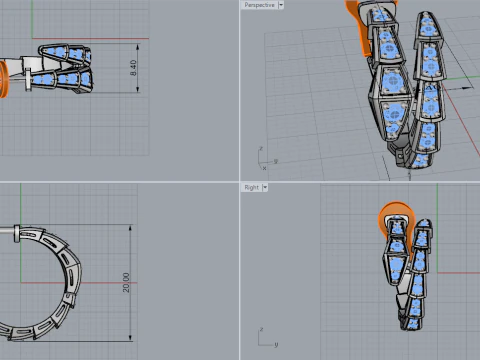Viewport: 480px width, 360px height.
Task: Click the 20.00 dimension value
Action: point(126,283)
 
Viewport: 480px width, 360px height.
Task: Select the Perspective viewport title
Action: point(259,5)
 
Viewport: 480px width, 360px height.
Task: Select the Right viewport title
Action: point(252,187)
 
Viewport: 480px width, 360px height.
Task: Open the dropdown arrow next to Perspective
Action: point(281,5)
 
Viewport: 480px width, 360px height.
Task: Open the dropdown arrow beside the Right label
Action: point(266,187)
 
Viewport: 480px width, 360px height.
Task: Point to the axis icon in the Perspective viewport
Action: point(265,159)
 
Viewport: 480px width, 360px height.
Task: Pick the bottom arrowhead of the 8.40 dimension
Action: point(134,91)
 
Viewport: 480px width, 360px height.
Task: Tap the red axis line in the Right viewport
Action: point(440,226)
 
